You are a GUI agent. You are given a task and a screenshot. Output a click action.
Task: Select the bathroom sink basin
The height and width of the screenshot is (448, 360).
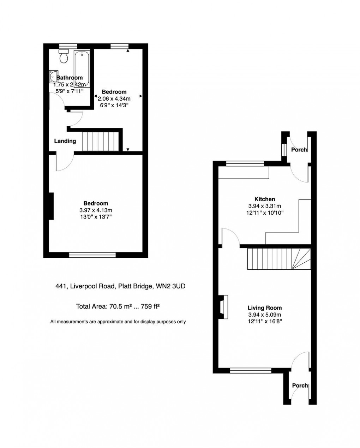tap(52, 76)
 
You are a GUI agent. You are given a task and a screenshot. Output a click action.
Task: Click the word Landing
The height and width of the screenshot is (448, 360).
tap(65, 141)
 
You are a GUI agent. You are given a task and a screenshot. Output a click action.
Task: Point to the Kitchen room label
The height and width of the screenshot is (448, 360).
tap(265, 199)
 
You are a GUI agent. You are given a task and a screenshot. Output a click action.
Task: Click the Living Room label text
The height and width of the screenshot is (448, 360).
tap(265, 308)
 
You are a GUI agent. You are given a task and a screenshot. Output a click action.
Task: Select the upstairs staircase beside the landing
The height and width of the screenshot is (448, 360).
tap(100, 141)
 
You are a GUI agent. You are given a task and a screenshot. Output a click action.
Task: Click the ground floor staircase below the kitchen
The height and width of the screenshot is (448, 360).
tap(279, 259)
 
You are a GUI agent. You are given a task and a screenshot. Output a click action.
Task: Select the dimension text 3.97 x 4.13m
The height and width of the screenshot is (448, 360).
tap(96, 210)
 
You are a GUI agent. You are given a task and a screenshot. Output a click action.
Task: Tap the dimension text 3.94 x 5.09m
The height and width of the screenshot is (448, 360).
tap(265, 315)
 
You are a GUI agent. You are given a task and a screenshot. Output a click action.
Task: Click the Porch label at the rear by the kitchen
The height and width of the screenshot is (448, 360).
tap(299, 150)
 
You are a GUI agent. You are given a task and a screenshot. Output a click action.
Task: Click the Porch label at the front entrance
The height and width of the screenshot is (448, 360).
tap(300, 386)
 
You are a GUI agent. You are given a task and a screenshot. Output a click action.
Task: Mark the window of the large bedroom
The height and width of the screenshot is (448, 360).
tap(92, 255)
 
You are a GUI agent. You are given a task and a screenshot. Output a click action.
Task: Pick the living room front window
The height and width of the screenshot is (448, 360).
tap(251, 370)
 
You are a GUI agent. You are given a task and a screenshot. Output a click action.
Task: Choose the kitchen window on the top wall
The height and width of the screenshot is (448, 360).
tap(245, 163)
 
